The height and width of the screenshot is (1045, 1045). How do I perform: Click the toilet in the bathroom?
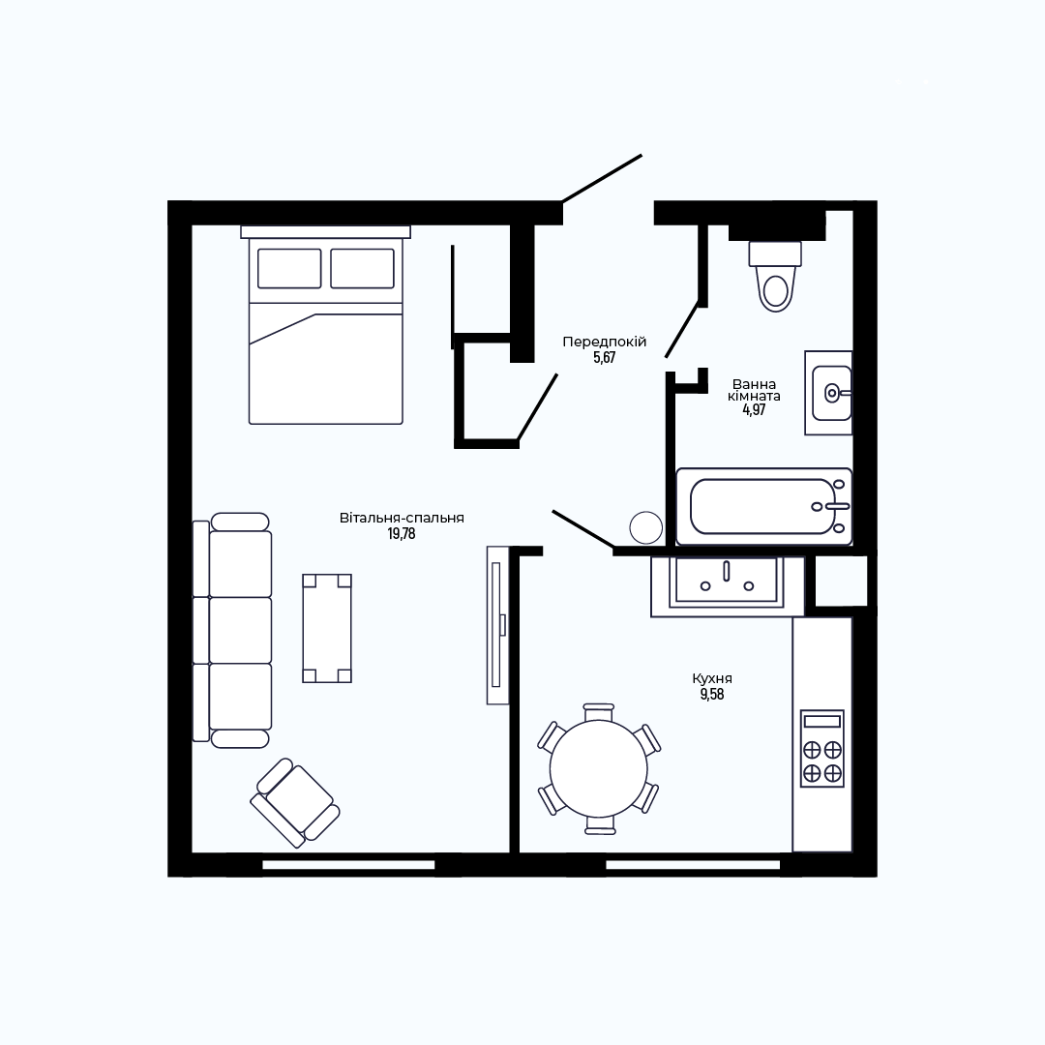point(775,276)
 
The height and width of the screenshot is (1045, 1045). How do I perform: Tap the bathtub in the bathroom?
point(763,506)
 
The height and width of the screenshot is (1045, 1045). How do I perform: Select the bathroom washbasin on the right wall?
point(828,393)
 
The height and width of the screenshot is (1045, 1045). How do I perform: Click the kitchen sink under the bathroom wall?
point(727,582)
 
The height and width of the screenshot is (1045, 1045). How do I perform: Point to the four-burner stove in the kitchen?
point(822,748)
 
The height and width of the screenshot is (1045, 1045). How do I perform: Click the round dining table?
point(599,768)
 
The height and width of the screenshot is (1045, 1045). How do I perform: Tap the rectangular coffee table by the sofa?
point(327,628)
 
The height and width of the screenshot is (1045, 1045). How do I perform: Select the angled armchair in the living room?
point(295,802)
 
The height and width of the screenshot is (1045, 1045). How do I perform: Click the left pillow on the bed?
point(289,269)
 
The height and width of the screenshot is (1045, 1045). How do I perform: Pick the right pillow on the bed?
point(363,269)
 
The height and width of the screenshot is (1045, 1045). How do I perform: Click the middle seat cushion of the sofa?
point(241,630)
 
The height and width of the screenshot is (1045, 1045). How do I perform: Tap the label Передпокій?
point(605,342)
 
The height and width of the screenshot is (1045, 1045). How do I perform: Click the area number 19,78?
point(402,534)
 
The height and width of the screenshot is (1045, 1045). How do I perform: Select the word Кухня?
point(712,678)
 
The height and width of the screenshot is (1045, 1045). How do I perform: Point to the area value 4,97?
point(755,410)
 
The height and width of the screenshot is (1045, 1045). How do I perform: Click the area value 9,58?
point(712,695)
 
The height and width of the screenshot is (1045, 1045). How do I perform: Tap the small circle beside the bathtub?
point(645,527)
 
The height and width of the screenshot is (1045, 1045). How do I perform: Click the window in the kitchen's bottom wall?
point(693,865)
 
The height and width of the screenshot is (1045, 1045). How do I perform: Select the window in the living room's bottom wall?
point(348,865)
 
